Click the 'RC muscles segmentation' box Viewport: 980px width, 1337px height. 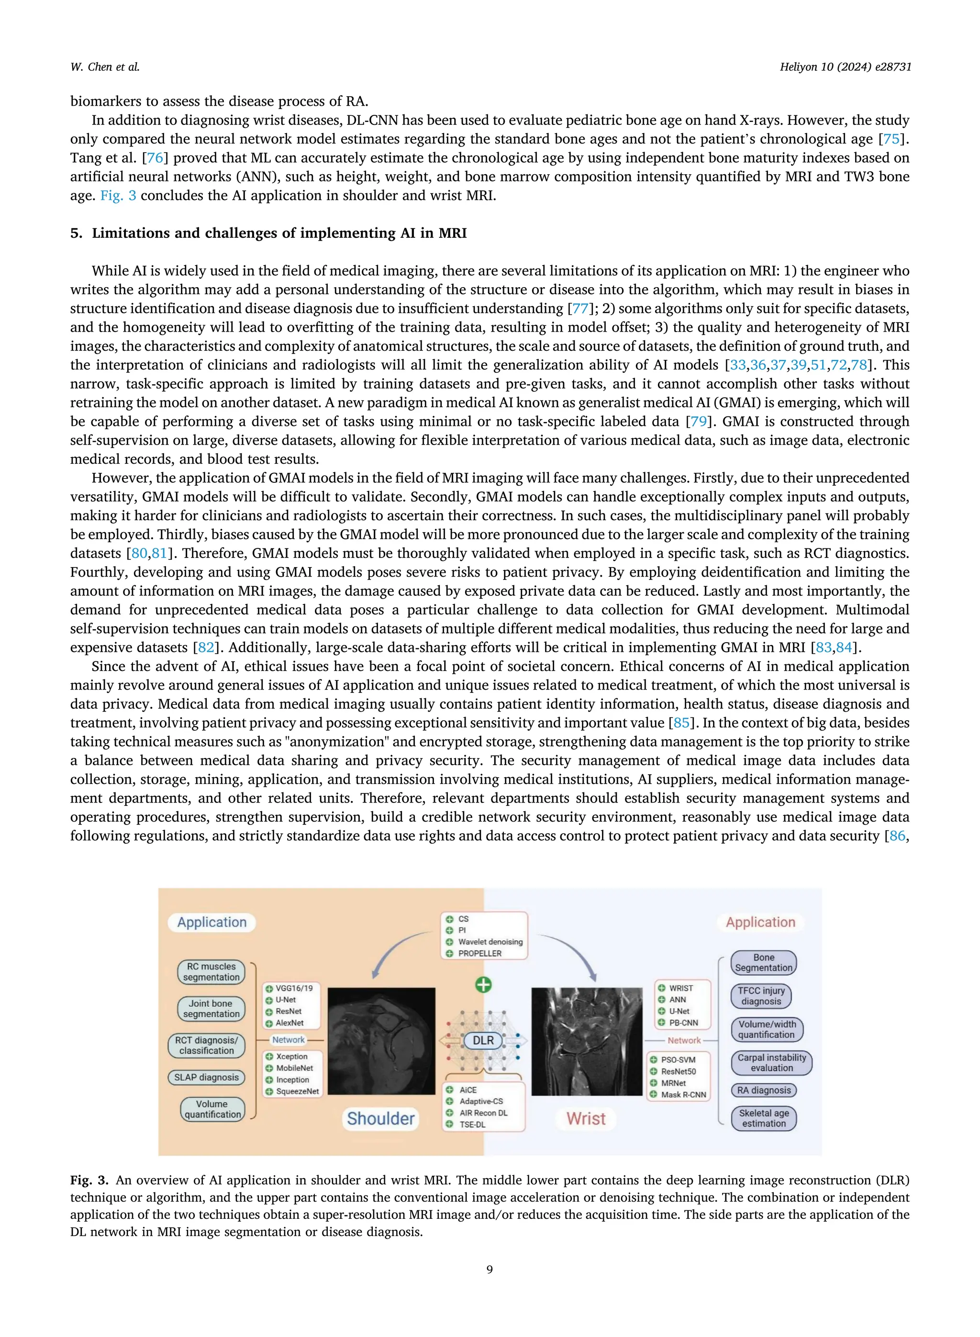click(211, 971)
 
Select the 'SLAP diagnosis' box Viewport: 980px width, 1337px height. click(206, 1077)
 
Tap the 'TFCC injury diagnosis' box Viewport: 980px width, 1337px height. click(761, 995)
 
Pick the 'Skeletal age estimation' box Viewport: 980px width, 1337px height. click(764, 1118)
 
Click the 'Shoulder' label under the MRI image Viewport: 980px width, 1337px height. click(380, 1118)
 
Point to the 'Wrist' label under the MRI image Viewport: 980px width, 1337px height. click(586, 1118)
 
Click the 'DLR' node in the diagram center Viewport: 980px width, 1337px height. click(483, 1040)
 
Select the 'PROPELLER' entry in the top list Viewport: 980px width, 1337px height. click(479, 953)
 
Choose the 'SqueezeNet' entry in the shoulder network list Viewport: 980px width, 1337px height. click(297, 1091)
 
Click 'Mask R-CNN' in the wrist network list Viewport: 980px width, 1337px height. click(683, 1094)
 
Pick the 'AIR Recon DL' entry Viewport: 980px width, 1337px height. click(483, 1113)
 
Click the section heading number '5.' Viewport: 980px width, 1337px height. click(76, 233)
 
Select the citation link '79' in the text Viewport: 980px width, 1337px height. click(698, 421)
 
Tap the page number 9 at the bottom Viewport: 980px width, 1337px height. click(490, 1270)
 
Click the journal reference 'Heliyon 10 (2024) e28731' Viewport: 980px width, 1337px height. click(845, 67)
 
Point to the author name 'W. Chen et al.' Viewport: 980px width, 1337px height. click(105, 67)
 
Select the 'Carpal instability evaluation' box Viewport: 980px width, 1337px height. click(771, 1062)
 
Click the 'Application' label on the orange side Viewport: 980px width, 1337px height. click(212, 922)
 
